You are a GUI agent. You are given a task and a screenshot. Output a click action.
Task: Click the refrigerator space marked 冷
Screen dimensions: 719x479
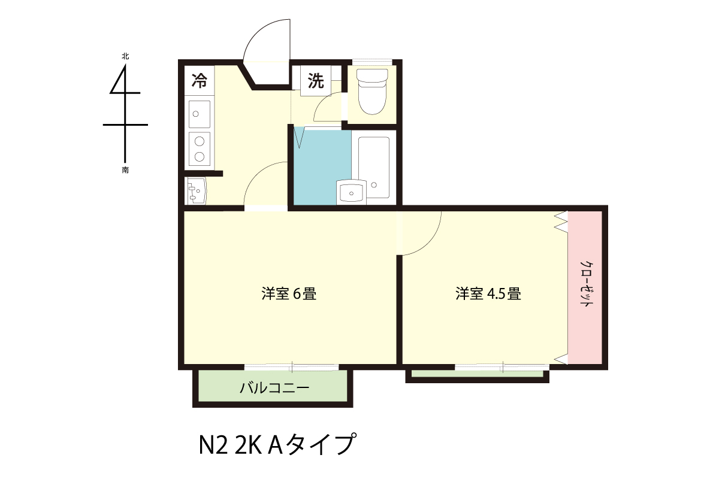coord(199,80)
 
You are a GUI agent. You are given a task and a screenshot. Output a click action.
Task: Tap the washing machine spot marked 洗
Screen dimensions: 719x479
coord(316,80)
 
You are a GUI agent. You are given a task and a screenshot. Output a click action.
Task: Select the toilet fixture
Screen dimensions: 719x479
coord(372,92)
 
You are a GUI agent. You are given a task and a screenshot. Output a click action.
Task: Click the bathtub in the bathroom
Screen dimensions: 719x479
coord(374,168)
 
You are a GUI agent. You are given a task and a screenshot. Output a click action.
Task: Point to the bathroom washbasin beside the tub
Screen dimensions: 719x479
coord(351,192)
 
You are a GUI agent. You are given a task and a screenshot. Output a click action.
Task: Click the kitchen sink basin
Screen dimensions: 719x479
coord(200,114)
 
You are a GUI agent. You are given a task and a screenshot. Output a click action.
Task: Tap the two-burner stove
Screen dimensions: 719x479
coord(200,149)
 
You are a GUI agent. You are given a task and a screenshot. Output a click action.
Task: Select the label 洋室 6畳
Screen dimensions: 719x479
coord(289,294)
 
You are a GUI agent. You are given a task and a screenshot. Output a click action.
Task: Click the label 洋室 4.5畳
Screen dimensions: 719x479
coord(488,294)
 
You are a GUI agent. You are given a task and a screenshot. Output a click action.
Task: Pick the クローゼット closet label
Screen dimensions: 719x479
coord(586,284)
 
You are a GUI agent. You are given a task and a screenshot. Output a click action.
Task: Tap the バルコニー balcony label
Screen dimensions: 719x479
coord(275,388)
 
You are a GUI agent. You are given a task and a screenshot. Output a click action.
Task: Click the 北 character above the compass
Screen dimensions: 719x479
coord(125,56)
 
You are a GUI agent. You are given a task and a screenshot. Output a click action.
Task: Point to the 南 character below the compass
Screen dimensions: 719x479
coord(125,170)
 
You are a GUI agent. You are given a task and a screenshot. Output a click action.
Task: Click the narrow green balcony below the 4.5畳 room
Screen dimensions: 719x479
coord(478,374)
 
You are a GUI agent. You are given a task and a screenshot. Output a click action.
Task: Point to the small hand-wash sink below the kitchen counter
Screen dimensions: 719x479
coord(197,191)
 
